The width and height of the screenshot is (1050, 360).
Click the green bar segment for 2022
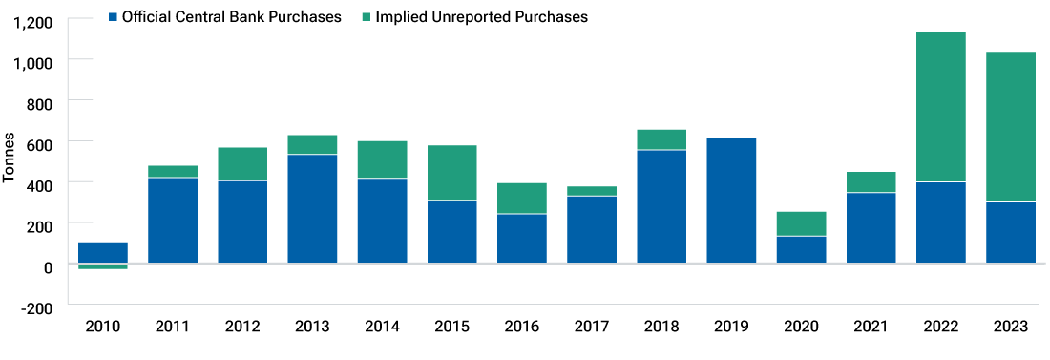[940, 107]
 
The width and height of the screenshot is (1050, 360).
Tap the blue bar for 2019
[731, 201]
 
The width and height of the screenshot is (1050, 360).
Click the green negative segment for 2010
[103, 266]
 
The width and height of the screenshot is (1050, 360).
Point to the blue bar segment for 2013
[312, 208]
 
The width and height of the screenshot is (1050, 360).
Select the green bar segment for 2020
[801, 223]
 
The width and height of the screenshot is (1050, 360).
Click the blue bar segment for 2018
[661, 206]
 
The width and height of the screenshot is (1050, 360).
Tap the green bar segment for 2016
[521, 199]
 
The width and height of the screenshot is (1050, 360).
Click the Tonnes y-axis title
[10, 162]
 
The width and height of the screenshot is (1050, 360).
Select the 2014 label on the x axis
[382, 327]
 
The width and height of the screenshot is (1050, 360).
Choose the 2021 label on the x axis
[871, 327]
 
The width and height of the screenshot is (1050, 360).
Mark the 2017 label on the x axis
[591, 327]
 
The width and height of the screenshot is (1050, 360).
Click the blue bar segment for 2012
[242, 222]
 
